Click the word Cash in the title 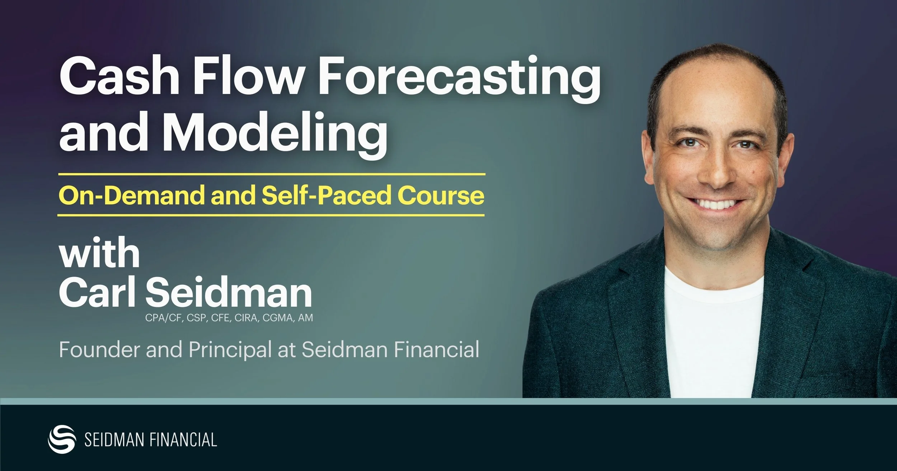[119, 77]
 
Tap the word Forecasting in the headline [459, 79]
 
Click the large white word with [99, 253]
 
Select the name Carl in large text [97, 292]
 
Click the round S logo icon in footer [62, 439]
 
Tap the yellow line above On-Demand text [271, 174]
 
